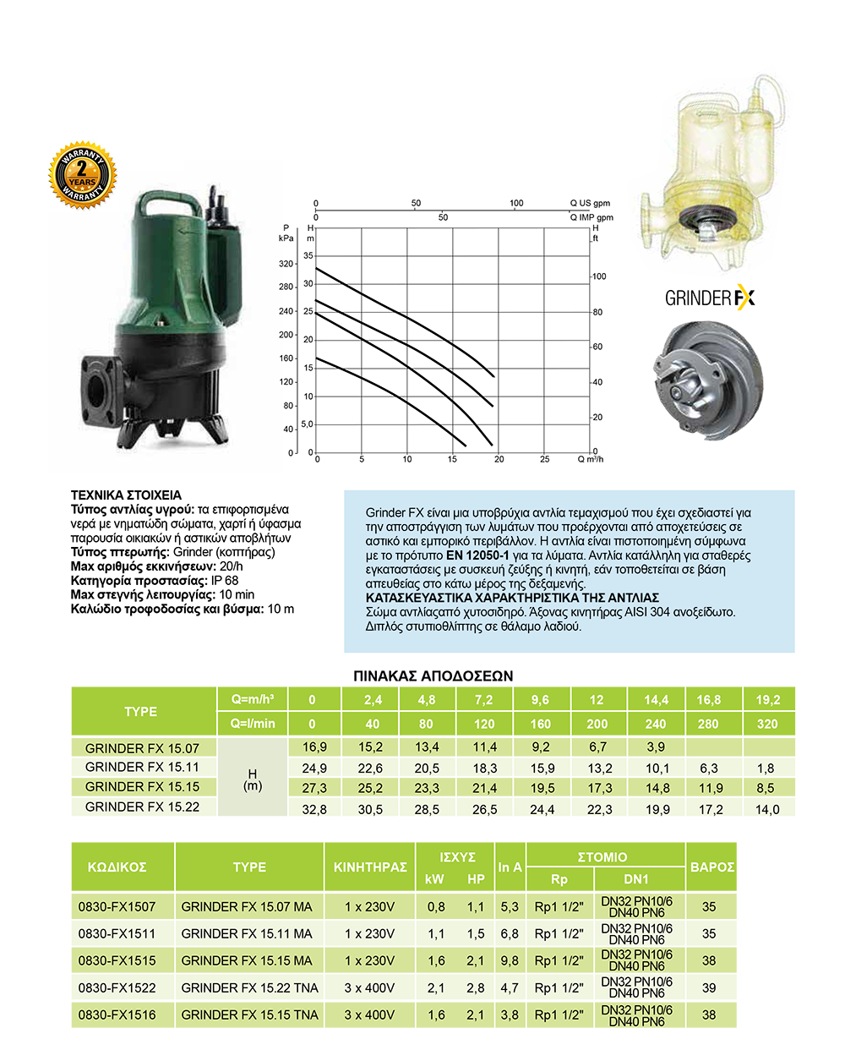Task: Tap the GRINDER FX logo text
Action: click(x=709, y=298)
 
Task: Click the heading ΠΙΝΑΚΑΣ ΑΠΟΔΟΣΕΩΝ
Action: click(x=433, y=675)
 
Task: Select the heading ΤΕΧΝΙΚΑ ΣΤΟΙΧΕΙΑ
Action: click(x=126, y=495)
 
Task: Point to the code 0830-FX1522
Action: click(x=117, y=987)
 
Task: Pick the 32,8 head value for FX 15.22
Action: click(x=314, y=809)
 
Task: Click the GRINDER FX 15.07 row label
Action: click(x=142, y=748)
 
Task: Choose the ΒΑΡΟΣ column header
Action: click(x=711, y=867)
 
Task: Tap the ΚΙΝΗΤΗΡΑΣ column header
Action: click(x=370, y=867)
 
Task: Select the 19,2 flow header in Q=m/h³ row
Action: click(x=768, y=700)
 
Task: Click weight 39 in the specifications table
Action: click(x=709, y=987)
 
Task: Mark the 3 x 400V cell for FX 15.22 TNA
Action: click(x=369, y=987)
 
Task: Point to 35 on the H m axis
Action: click(x=308, y=255)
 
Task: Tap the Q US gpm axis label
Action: click(x=590, y=203)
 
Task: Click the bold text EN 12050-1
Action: click(x=477, y=555)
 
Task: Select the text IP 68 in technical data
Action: click(x=225, y=581)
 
